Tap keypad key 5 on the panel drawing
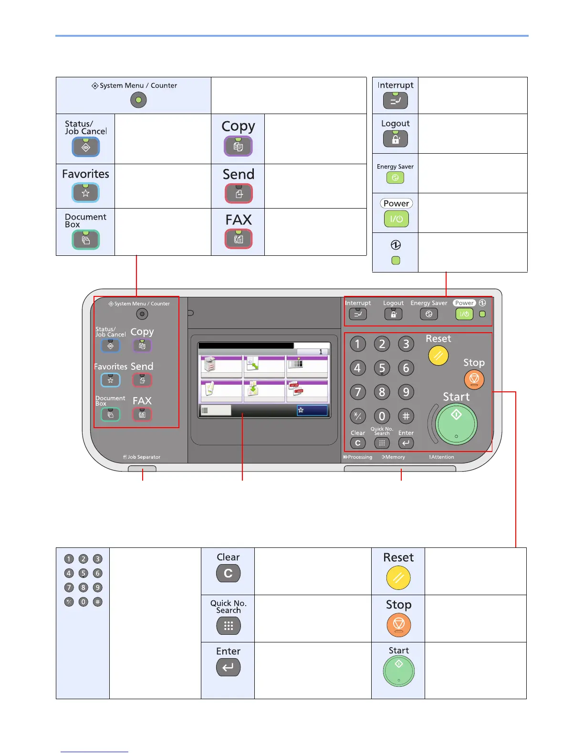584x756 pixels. coord(382,368)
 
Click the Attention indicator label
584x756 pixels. coord(442,457)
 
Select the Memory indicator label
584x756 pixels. coord(394,457)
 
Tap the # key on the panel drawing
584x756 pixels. coord(406,416)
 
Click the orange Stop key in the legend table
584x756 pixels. coord(398,625)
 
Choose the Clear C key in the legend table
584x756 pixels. coord(228,573)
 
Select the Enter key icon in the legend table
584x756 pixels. coord(228,667)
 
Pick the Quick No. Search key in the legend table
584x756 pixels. coord(228,626)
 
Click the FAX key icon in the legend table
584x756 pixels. coord(239,239)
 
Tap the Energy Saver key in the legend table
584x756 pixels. coord(395,178)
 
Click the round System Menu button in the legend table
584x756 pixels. coord(138,100)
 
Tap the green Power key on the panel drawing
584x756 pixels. coord(464,314)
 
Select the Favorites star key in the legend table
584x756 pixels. coord(86,193)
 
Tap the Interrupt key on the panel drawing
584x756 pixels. coord(358,314)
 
